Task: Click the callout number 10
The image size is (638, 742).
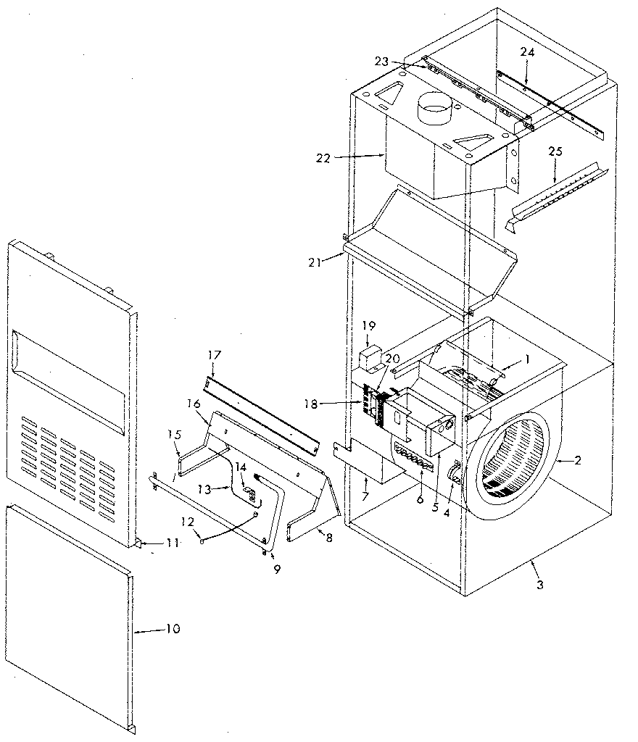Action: [172, 629]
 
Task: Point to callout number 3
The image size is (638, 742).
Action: [537, 583]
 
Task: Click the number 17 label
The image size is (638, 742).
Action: [214, 355]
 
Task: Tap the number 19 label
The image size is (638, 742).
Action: [368, 326]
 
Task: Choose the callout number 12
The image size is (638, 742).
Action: [186, 522]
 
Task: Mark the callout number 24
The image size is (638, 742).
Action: [526, 52]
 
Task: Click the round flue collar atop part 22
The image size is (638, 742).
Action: [434, 111]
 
